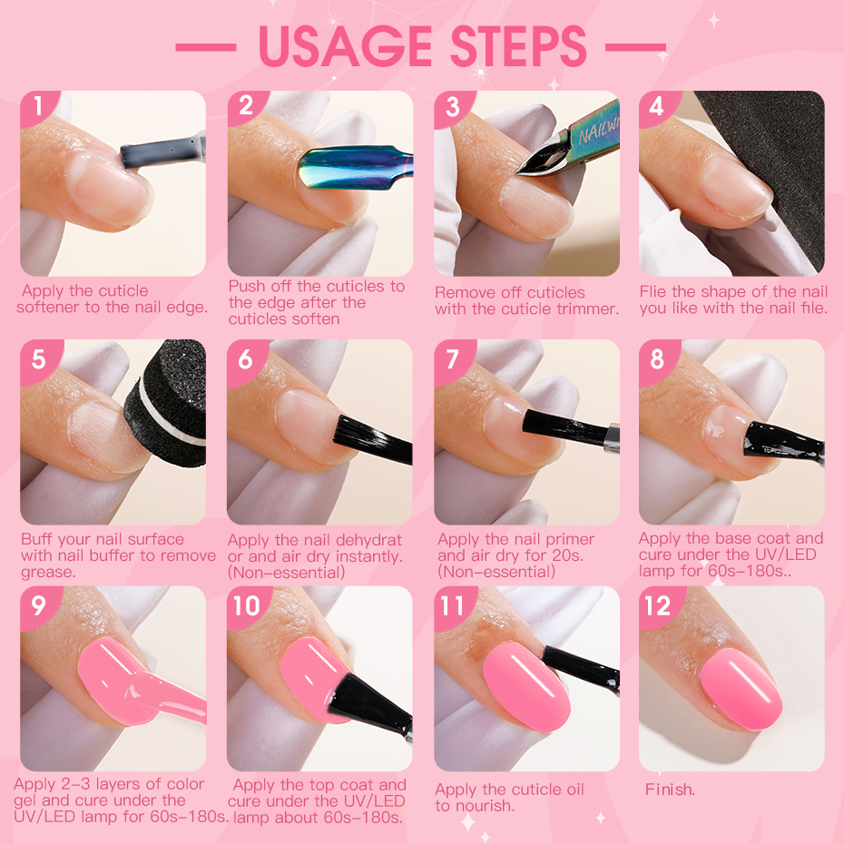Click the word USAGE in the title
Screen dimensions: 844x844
(346, 46)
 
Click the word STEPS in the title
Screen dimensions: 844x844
(518, 46)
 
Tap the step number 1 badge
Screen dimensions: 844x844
(38, 106)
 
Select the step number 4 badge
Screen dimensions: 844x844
(657, 106)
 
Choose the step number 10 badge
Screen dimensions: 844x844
(247, 606)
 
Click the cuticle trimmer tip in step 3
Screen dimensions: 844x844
(518, 172)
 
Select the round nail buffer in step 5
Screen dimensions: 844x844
(167, 404)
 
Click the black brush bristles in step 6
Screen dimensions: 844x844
(371, 438)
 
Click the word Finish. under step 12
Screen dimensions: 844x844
(670, 790)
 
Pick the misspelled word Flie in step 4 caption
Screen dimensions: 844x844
(653, 291)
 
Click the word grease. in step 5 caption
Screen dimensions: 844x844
(48, 573)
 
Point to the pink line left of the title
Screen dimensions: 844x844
(206, 47)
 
